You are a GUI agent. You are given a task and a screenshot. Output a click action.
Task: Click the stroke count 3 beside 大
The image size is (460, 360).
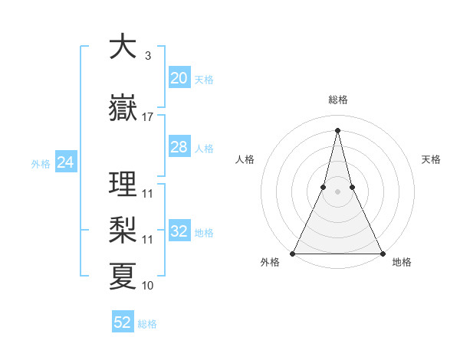point(147,56)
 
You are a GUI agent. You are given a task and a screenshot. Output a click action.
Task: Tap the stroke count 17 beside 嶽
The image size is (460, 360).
point(147,117)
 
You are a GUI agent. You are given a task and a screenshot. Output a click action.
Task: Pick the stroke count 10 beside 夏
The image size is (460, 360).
point(147,285)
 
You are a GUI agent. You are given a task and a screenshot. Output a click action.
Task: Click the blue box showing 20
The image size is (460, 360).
point(179,78)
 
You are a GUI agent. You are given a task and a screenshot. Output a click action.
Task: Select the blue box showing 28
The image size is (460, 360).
point(179,147)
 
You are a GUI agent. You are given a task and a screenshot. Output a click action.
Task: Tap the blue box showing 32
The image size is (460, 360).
point(179,231)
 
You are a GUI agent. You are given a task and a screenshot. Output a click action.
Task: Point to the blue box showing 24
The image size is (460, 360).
point(66,162)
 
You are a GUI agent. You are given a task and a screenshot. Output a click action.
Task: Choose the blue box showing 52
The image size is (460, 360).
point(123,322)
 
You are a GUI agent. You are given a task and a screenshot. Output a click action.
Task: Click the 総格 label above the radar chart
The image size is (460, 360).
point(338,100)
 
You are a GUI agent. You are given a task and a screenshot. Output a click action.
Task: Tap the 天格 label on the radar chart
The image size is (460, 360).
point(432,159)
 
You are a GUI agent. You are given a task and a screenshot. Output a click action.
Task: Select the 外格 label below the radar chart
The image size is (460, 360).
point(270,262)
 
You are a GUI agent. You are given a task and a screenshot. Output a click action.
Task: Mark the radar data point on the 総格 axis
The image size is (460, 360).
point(337,129)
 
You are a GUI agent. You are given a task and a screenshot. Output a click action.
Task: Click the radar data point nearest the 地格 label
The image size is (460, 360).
point(382,253)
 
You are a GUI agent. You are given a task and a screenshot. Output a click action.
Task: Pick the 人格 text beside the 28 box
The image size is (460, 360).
point(204,148)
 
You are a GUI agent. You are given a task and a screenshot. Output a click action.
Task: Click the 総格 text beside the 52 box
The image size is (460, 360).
point(147,324)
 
